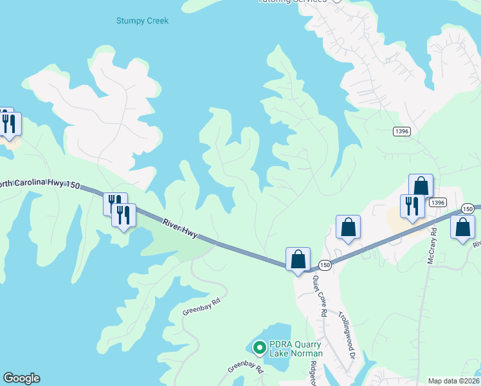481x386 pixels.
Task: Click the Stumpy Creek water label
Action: (142, 21)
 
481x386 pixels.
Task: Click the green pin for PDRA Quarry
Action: (260, 348)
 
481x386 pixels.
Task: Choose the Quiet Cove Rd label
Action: (320, 295)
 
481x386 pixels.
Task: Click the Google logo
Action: (21, 378)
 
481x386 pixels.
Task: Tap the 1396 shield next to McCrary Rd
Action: (438, 202)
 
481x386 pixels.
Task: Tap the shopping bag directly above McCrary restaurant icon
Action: (421, 185)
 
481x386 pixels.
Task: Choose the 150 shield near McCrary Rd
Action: (468, 209)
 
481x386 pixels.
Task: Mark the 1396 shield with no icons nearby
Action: (401, 131)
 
